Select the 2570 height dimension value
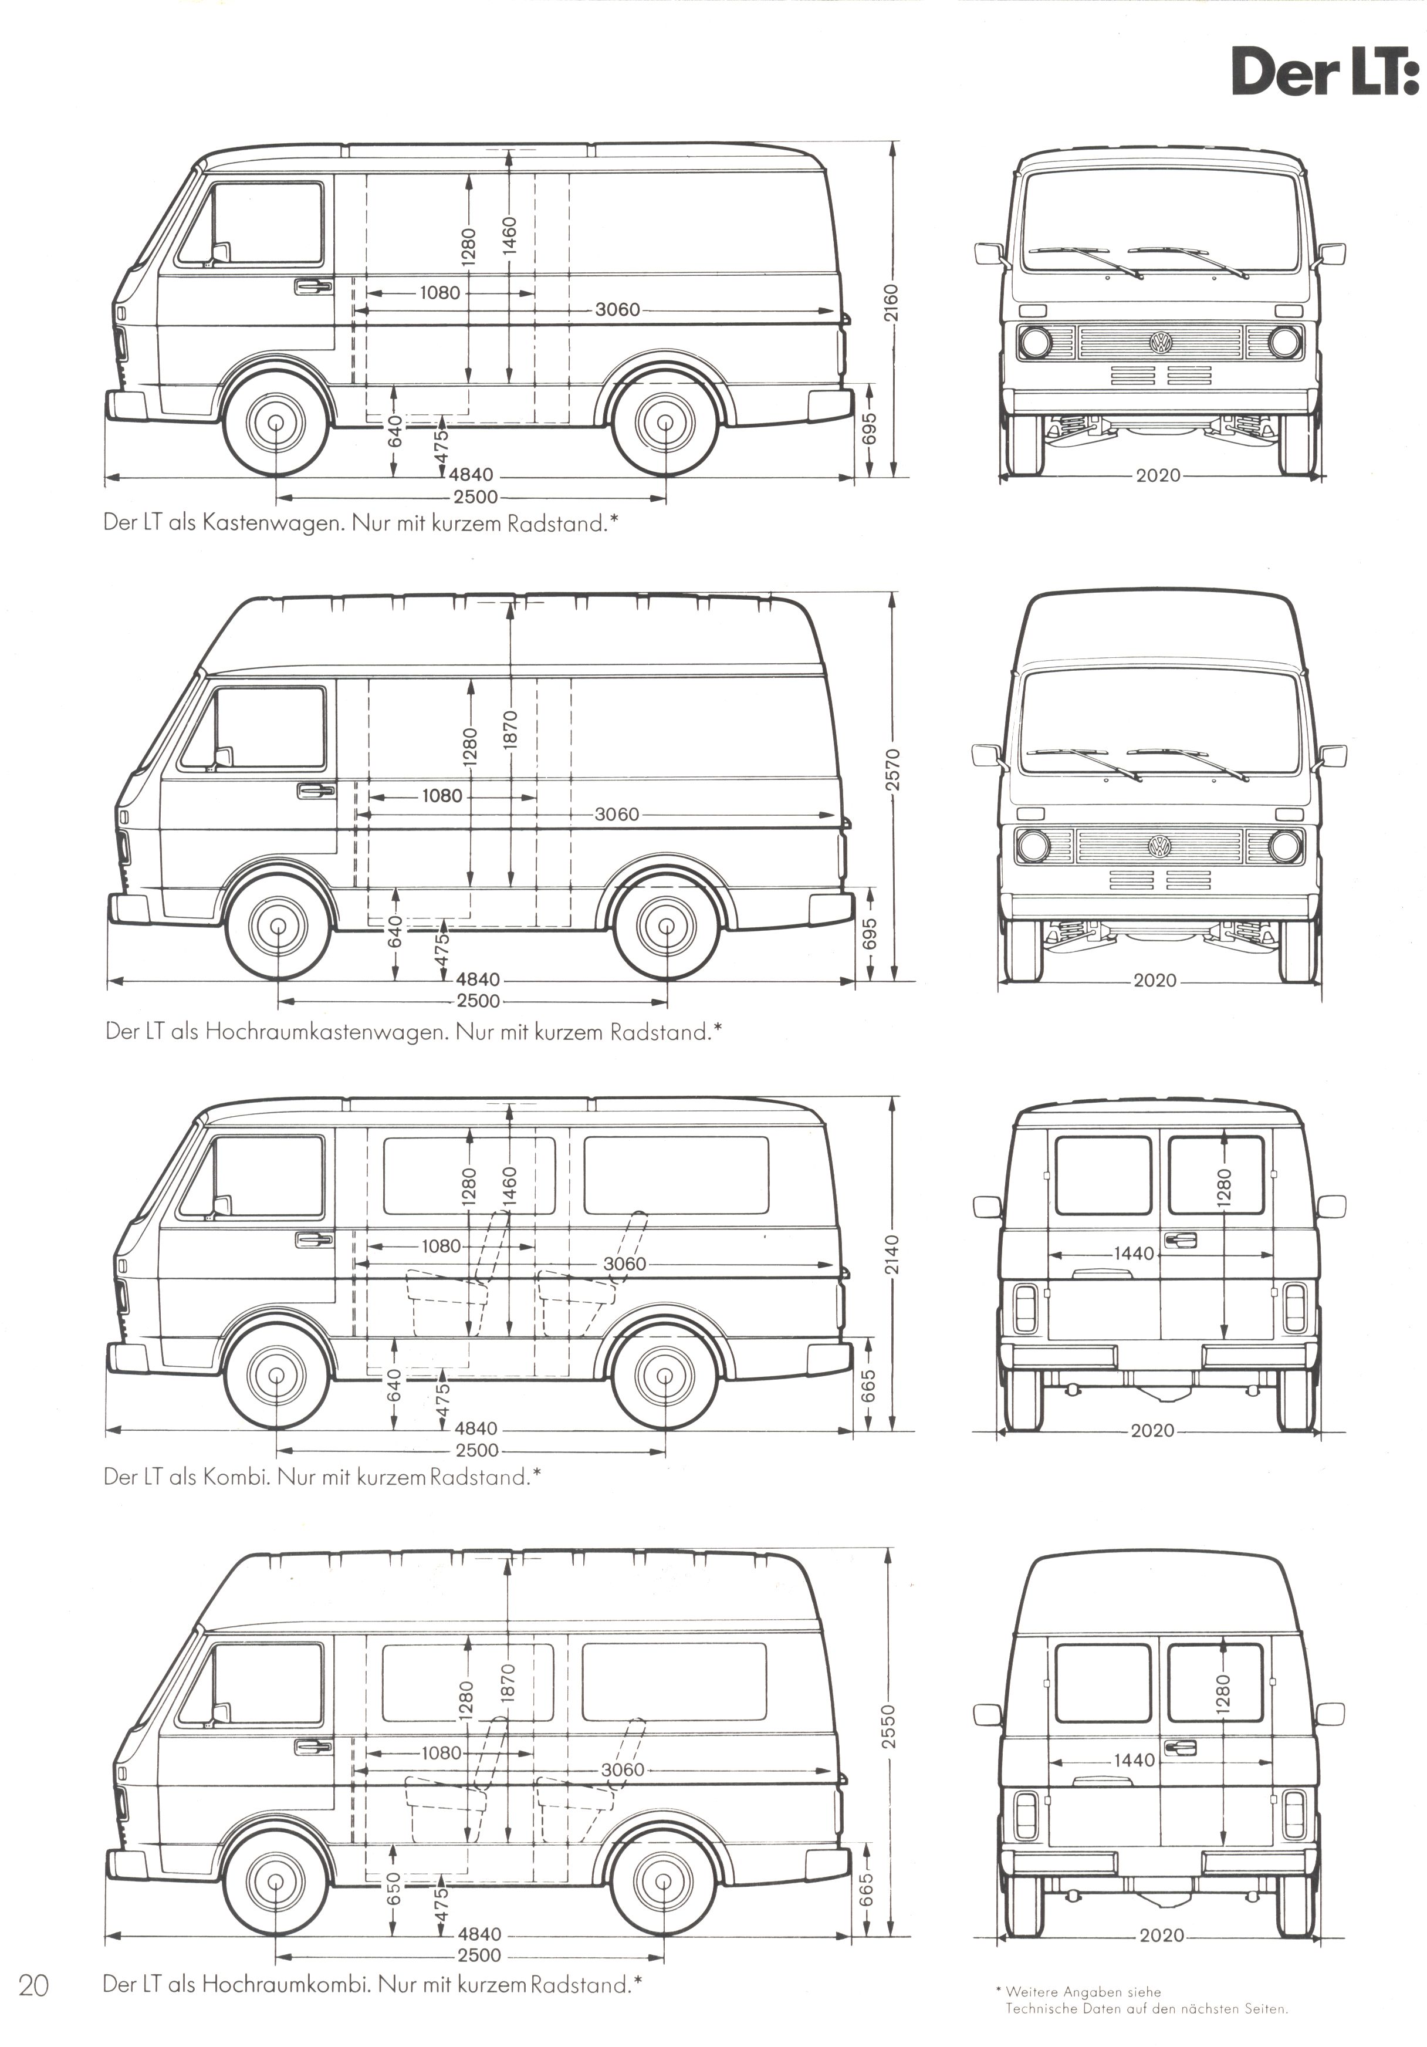(894, 769)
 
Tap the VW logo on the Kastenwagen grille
(1161, 342)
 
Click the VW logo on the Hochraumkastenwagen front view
(1159, 846)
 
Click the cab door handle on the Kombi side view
(315, 1239)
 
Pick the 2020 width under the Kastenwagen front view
(1158, 475)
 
